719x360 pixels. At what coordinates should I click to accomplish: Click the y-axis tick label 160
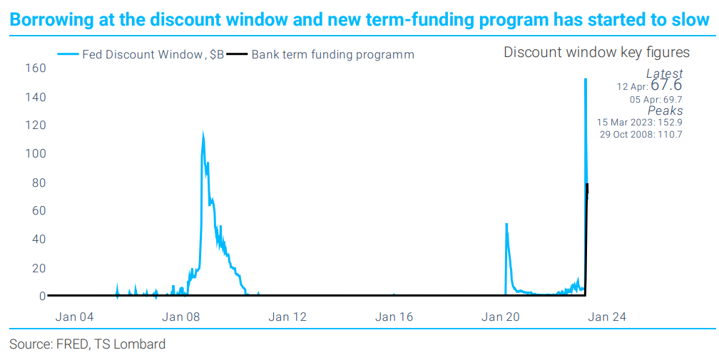coord(36,68)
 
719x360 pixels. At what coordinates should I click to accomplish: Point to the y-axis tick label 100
coord(36,154)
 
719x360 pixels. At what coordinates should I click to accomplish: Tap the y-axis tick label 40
coord(39,240)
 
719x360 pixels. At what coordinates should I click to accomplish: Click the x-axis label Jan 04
coord(74,317)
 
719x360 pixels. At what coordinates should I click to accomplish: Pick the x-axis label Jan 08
coord(181,317)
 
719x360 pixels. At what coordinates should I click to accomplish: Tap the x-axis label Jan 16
coord(394,317)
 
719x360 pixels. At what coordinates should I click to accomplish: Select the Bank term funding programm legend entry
coord(332,54)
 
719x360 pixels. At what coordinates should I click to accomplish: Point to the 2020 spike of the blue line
coord(506,225)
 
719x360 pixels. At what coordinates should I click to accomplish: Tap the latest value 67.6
coord(666,86)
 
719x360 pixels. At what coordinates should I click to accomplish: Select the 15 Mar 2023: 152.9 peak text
coord(640,122)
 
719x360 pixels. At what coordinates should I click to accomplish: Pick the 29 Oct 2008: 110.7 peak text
coord(641,134)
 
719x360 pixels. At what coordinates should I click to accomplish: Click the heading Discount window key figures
coord(596,52)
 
